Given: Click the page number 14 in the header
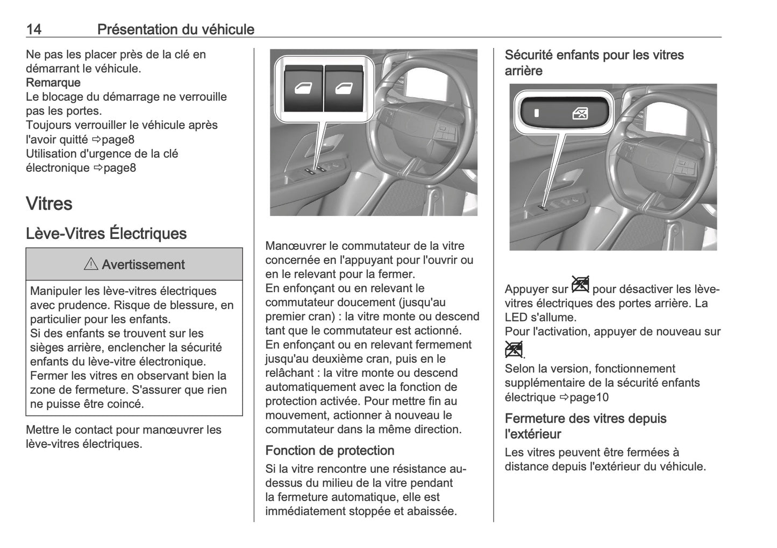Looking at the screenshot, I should [33, 29].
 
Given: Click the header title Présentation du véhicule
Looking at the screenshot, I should [175, 29].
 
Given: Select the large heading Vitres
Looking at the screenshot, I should [49, 203].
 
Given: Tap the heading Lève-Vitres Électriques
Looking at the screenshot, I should [106, 234].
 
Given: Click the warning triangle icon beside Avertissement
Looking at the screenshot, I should [91, 264].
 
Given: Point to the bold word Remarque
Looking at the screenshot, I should [53, 82].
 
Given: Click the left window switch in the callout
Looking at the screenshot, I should [303, 89].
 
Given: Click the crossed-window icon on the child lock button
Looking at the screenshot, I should [580, 113].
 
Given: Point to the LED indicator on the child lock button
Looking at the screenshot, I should [536, 113].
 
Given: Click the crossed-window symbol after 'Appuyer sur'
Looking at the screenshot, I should [580, 285].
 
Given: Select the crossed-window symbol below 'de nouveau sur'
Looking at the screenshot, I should [514, 350].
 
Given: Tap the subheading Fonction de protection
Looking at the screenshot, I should [330, 451].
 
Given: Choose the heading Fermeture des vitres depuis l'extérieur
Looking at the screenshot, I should [586, 426].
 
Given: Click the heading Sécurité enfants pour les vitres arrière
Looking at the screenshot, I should [594, 62].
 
